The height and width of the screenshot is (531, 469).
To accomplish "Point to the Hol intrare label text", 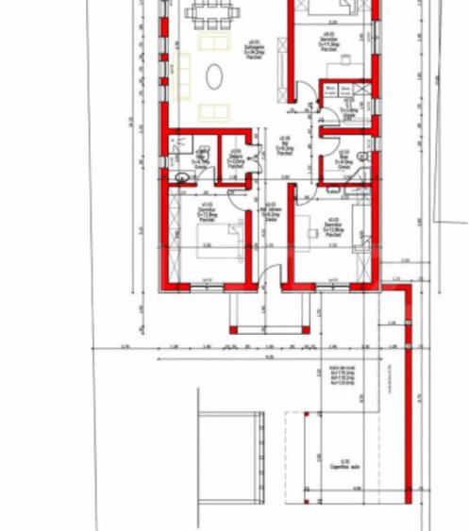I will click(271, 213).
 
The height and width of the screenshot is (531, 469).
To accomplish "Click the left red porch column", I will click(233, 330).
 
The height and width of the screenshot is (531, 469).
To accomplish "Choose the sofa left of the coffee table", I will click(183, 75).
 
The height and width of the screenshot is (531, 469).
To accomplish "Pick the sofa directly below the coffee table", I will click(214, 112).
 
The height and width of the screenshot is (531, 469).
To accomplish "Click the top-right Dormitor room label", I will click(328, 43).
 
